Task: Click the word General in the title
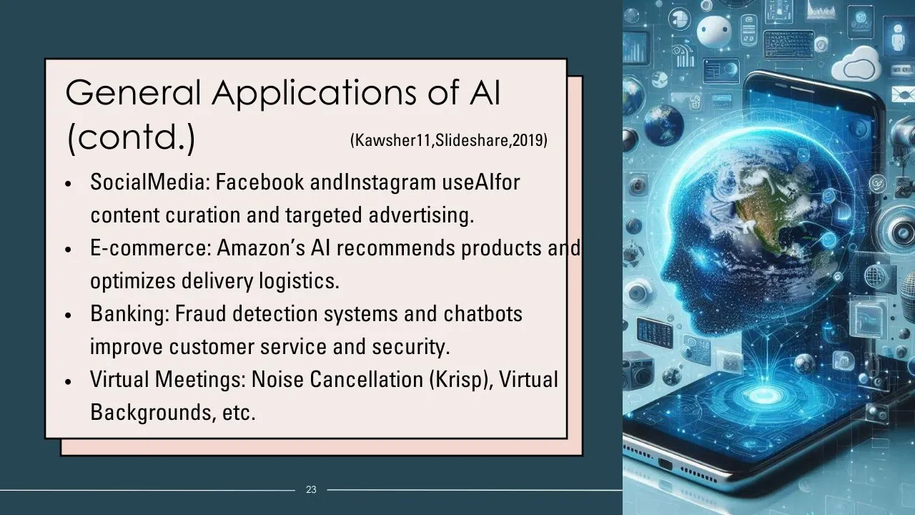133,92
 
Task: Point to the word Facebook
259,182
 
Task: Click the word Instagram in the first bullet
390,182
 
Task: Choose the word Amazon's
261,247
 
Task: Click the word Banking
127,314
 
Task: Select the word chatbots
483,313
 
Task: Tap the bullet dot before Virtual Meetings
68,382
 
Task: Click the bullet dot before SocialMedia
68,185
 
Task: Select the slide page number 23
311,489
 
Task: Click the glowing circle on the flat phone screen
764,395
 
